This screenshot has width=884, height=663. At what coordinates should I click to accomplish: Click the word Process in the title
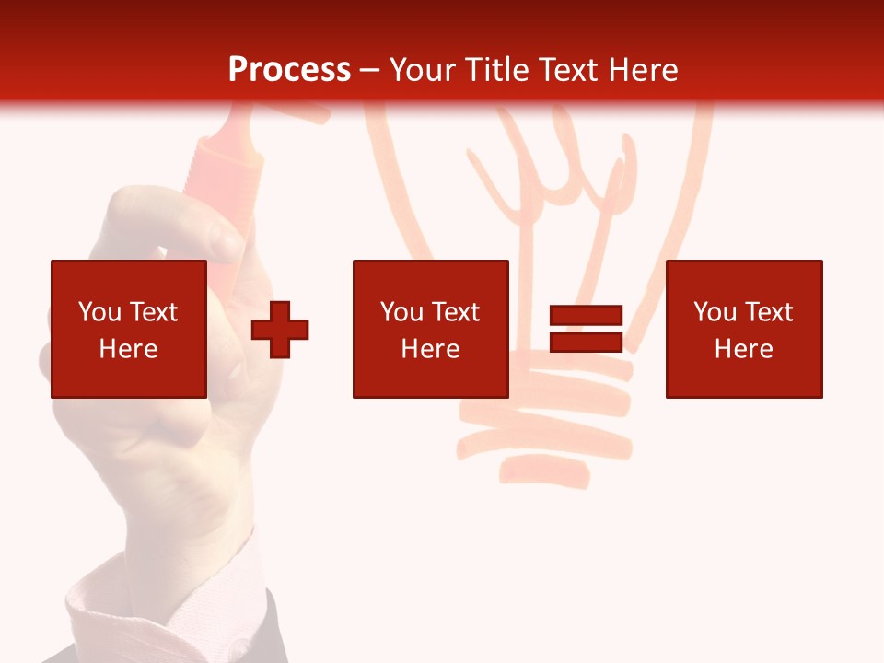coord(289,70)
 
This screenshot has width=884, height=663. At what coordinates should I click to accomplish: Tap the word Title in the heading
coord(497,70)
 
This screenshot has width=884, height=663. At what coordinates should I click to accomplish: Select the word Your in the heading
coord(424,70)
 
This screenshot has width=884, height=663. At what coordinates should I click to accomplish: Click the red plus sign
coord(280,330)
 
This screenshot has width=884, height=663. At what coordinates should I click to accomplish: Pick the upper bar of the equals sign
coord(586,316)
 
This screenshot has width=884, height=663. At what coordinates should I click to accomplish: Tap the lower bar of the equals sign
coord(586,343)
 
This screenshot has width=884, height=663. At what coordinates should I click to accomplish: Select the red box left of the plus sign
coord(129,329)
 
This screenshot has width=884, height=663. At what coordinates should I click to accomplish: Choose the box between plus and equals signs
coord(430,329)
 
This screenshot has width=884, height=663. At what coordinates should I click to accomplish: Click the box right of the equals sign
coord(744,329)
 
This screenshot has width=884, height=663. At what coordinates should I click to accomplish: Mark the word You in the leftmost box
coord(99,312)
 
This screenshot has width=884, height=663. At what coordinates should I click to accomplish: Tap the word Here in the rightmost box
coord(744,349)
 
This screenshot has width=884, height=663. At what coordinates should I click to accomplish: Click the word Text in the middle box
coord(457,312)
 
